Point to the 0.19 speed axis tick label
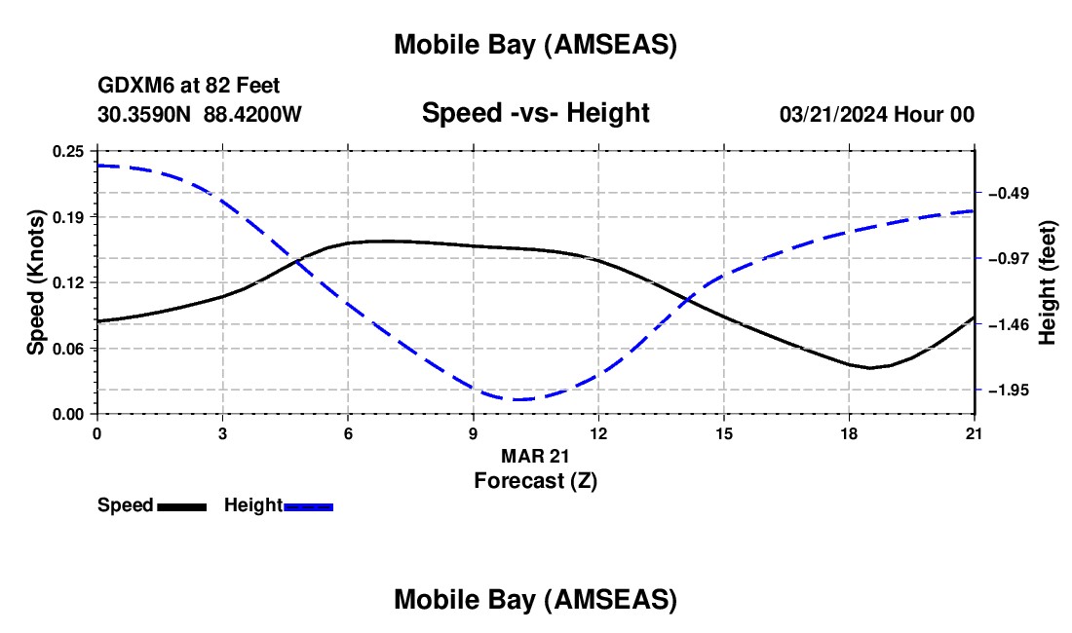click(68, 216)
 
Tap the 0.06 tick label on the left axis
click(68, 348)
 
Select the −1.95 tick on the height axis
click(1008, 390)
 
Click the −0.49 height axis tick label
click(1008, 193)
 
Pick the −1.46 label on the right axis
click(1008, 324)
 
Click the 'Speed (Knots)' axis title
click(35, 281)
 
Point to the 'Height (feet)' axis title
click(1048, 281)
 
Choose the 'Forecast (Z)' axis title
click(535, 480)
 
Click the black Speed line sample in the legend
click(181, 506)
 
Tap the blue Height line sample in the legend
click(309, 506)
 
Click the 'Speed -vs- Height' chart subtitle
click(535, 113)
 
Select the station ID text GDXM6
click(131, 87)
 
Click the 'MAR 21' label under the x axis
click(535, 455)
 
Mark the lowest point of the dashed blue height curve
click(517, 399)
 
